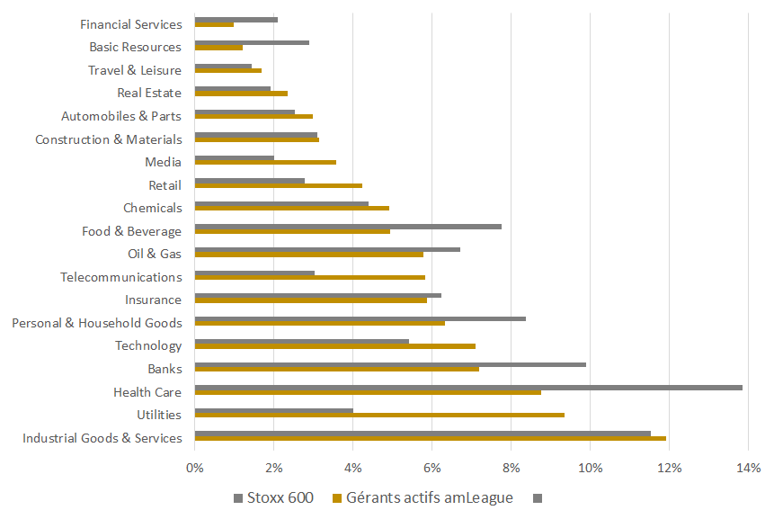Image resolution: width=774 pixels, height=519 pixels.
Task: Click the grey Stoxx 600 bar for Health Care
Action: coord(467,388)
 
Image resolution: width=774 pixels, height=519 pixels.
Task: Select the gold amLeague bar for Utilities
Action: coord(379,415)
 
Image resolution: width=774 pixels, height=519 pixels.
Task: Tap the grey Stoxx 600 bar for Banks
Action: coord(390,364)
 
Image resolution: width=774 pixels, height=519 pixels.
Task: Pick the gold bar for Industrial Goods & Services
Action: coord(430,438)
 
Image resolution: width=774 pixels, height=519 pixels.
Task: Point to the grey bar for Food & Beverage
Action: coord(348,227)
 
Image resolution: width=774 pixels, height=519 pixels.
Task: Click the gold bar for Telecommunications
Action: coord(309,277)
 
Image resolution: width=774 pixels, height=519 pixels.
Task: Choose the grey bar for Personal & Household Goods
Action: coord(360,318)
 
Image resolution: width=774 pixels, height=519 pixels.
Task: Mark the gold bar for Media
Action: coord(265,162)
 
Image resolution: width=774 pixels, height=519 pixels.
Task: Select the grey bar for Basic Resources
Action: coord(252,42)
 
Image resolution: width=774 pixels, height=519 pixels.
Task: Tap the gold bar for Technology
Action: coord(334,345)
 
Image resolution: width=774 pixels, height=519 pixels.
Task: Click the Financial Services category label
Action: coord(130,24)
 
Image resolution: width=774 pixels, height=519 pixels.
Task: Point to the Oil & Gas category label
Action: coord(154,254)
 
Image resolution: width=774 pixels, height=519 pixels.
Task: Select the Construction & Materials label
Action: coord(108,139)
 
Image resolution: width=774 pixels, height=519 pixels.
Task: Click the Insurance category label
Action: coord(153,300)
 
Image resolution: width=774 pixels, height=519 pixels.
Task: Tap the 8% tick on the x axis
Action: coord(511,468)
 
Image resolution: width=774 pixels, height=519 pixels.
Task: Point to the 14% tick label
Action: coord(748,468)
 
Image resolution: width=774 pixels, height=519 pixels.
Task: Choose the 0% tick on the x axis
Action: coord(195,468)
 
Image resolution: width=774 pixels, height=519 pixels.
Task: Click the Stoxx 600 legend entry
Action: coord(273,497)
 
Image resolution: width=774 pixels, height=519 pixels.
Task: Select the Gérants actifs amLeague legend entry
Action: coord(423,497)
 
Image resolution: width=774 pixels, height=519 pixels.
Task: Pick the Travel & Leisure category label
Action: coord(134,70)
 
